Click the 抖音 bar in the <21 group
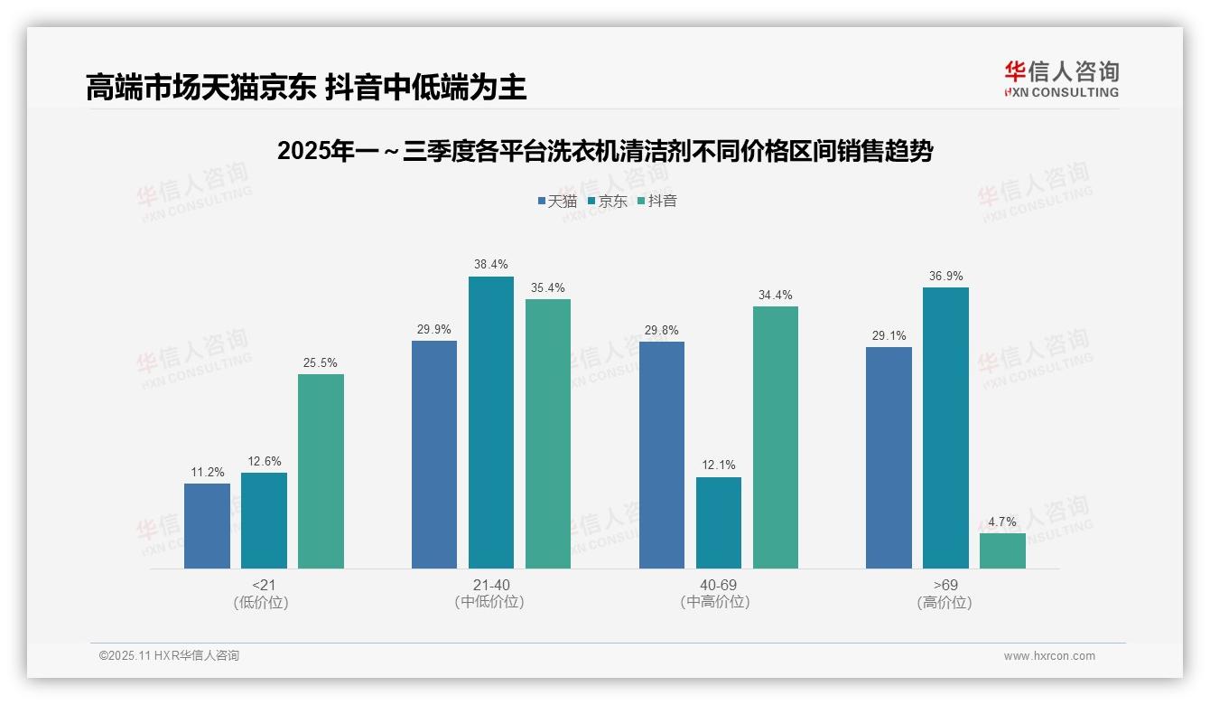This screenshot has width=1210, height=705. click(321, 471)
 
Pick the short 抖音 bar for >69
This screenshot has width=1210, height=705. click(1002, 550)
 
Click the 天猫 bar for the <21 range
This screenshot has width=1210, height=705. click(207, 525)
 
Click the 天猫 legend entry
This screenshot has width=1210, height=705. click(557, 201)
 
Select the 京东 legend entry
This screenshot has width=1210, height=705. click(607, 201)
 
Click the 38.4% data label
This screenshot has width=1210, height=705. click(490, 265)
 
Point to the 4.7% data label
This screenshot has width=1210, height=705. click(1002, 522)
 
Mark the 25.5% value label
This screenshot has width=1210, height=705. click(321, 363)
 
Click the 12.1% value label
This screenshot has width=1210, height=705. click(718, 465)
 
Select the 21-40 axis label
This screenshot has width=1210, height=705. click(490, 585)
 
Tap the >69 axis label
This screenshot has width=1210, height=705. click(945, 585)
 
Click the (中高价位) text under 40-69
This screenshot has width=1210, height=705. click(718, 602)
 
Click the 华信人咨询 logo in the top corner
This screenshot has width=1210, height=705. click(1061, 79)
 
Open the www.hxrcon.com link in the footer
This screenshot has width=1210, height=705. click(1049, 656)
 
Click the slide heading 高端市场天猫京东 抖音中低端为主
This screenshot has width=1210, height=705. click(306, 88)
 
